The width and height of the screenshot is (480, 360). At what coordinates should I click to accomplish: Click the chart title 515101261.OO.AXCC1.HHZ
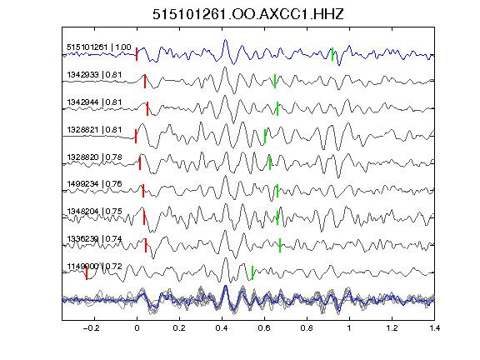click(248, 14)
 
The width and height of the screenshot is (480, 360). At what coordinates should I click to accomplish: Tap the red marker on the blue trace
click(137, 54)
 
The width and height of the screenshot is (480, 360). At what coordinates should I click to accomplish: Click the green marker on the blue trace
click(332, 54)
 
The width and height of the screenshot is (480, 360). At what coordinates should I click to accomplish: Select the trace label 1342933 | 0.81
click(94, 75)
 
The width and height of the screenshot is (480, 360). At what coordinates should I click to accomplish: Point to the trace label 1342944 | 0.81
click(94, 102)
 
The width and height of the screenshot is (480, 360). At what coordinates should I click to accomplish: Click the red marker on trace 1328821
click(136, 136)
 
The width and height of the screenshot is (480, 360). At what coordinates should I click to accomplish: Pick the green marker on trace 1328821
click(265, 136)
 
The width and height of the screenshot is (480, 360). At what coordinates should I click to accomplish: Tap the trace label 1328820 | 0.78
click(94, 157)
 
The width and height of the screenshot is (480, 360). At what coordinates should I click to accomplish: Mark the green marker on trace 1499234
click(277, 191)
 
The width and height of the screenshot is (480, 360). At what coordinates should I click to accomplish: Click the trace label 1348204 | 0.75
click(94, 212)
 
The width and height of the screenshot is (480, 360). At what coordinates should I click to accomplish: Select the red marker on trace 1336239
click(146, 245)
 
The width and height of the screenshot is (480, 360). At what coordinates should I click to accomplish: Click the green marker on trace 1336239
click(280, 245)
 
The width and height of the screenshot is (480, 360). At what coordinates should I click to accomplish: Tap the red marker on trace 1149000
click(87, 272)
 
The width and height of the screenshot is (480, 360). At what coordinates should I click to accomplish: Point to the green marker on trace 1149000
click(252, 272)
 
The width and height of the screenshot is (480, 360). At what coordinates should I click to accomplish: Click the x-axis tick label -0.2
click(92, 328)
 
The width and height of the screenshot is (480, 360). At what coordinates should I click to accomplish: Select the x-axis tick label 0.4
click(222, 328)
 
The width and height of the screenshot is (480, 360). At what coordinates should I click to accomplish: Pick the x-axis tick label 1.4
click(435, 328)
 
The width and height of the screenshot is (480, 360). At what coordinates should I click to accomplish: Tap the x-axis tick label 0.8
click(307, 328)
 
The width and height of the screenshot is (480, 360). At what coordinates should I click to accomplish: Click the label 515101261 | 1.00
click(99, 47)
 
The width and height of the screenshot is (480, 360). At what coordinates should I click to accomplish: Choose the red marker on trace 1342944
click(147, 108)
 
